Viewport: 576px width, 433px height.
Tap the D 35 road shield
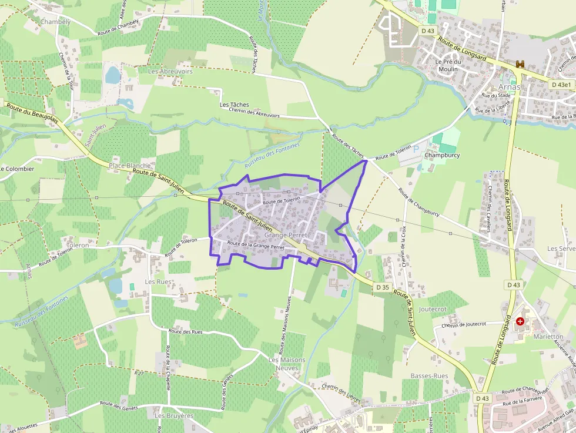382,287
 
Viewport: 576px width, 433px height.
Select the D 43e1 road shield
561,85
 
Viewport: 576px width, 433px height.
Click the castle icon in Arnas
520,64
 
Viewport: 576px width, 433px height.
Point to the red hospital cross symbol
520,321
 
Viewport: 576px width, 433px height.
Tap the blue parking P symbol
417,149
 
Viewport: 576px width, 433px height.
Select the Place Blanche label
130,166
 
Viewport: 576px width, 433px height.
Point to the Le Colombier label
17,169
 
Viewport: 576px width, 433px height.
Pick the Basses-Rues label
429,376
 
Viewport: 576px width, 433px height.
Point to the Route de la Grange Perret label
256,246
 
